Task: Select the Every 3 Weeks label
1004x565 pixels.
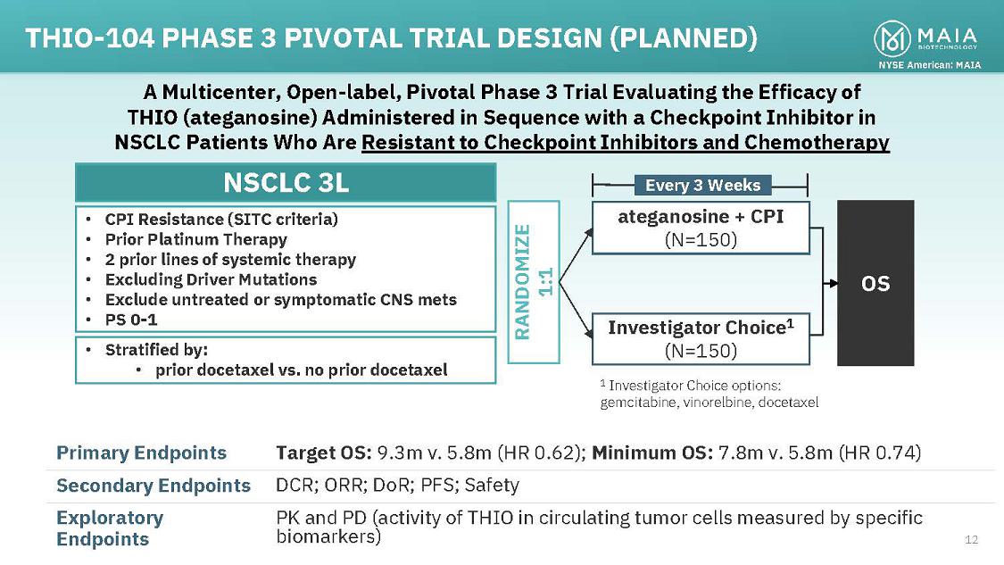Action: [702, 185]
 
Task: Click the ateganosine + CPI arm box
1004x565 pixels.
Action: [701, 228]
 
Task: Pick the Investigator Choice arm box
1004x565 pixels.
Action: [701, 338]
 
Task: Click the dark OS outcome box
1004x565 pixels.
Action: [875, 283]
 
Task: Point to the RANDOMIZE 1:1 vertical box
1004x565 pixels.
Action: [534, 282]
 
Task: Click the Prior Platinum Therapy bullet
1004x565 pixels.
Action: [195, 239]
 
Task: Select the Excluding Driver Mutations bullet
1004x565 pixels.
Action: [211, 279]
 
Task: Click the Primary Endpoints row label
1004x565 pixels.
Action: [141, 453]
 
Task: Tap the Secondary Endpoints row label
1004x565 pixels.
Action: [153, 486]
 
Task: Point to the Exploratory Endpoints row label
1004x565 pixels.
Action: [110, 528]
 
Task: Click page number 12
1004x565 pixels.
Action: [972, 539]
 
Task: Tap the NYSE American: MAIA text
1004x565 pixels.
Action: [929, 64]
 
